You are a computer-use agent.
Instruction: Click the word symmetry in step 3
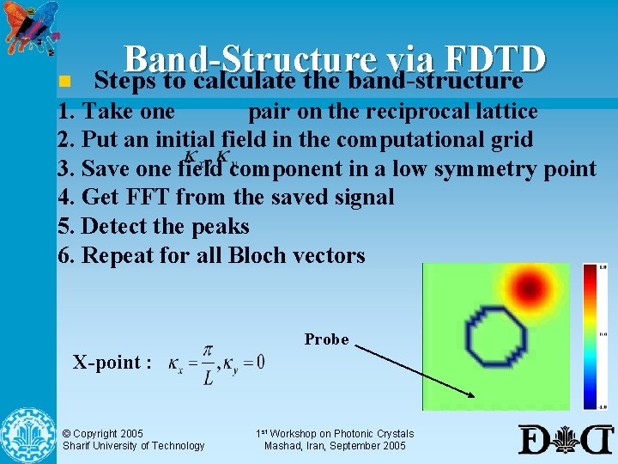(x=485, y=168)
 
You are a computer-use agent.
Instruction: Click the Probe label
(x=327, y=339)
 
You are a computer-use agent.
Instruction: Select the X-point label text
(x=112, y=362)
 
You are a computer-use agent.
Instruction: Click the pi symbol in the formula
(x=207, y=351)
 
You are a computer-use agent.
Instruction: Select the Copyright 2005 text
(x=103, y=434)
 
